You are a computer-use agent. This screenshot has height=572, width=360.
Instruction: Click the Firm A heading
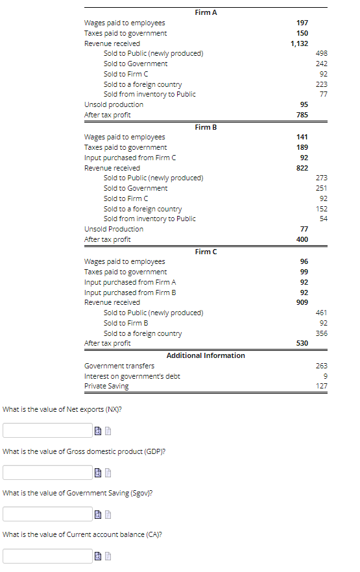coord(206,12)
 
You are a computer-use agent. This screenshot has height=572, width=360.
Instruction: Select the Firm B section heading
coord(206,127)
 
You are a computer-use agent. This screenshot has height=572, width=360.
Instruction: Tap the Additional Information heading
coord(206,355)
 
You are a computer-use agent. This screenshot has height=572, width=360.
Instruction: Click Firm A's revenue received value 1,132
coord(299,43)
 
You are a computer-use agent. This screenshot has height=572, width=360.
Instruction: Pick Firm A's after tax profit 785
coord(302,115)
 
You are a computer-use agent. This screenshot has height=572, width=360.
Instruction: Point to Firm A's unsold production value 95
coord(304,104)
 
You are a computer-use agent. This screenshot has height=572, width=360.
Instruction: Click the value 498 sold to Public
coord(321,53)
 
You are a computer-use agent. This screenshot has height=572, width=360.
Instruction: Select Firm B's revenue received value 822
coord(302,168)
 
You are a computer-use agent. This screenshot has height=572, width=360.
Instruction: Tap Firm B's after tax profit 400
coord(302,239)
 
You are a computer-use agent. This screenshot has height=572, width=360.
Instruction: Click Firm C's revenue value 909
coord(302,302)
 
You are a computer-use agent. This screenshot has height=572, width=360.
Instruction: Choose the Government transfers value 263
coord(321,366)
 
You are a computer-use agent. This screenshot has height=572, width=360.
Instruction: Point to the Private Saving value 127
coord(321,386)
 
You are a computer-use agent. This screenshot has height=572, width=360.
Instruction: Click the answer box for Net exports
coord(47,430)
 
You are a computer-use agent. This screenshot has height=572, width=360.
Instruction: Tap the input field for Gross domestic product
coord(47,472)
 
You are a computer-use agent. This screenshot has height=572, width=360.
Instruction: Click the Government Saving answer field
coord(47,514)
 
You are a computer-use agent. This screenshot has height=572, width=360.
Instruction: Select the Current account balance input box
coord(47,556)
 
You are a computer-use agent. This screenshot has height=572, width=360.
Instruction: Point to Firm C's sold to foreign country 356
coord(321,333)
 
